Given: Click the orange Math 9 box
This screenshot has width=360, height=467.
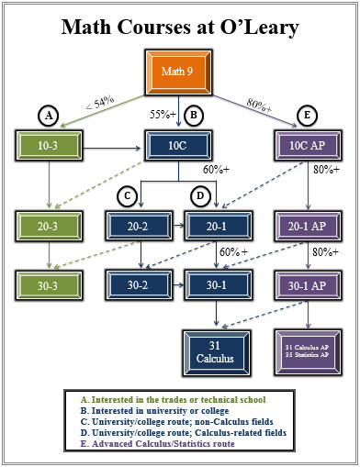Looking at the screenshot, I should point(180,71).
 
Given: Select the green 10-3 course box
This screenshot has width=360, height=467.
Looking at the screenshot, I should point(46,144).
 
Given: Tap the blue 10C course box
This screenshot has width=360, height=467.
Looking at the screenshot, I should point(180,144).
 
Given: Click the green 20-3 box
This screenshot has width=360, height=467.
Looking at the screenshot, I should point(46,225).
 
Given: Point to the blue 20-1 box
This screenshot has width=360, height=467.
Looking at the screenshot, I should point(217,225).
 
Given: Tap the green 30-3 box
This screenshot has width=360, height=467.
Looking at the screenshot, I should point(46,284).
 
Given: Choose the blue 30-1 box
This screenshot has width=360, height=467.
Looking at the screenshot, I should point(217,284).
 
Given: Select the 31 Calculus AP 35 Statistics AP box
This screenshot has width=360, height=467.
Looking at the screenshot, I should point(307,350).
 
